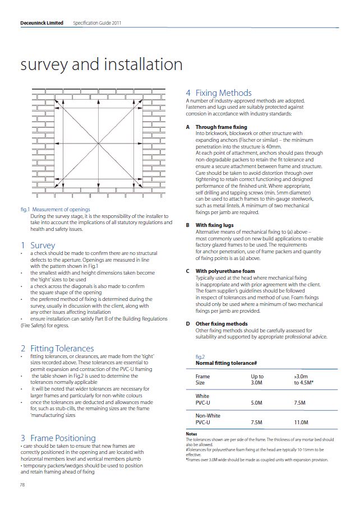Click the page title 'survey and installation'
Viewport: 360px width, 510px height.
click(x=101, y=64)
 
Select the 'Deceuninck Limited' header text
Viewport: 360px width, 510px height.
click(x=40, y=23)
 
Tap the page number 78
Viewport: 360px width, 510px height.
click(x=22, y=485)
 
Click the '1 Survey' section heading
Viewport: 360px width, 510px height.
click(x=38, y=245)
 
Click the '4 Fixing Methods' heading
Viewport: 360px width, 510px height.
click(x=219, y=92)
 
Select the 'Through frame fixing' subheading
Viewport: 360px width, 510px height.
click(x=221, y=128)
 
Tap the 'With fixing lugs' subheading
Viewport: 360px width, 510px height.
click(x=214, y=225)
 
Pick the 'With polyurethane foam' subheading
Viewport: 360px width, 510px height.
click(x=225, y=271)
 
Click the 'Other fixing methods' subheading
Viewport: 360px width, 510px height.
click(x=221, y=323)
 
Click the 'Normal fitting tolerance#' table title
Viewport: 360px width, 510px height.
click(x=226, y=363)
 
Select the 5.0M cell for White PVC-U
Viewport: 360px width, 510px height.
click(x=257, y=402)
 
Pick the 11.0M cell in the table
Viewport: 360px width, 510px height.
click(x=301, y=422)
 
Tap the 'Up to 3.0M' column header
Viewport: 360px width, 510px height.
click(x=257, y=379)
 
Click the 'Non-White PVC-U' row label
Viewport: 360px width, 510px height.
click(x=207, y=419)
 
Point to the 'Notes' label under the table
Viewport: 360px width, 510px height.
click(x=191, y=434)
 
